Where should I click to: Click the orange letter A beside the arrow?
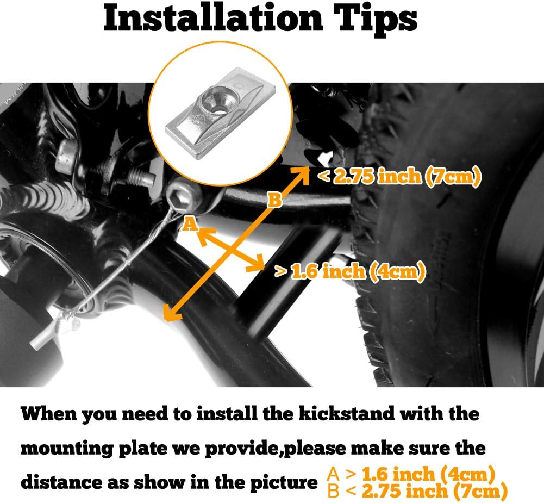pos(190,224)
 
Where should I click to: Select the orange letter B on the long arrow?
pos(274,200)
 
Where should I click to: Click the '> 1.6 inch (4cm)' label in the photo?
pos(350,271)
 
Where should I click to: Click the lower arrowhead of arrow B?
pos(172,312)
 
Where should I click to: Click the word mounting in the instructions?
pos(67,449)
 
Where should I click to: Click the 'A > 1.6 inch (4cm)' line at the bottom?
pos(411,474)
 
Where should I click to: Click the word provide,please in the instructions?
pos(276,449)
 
